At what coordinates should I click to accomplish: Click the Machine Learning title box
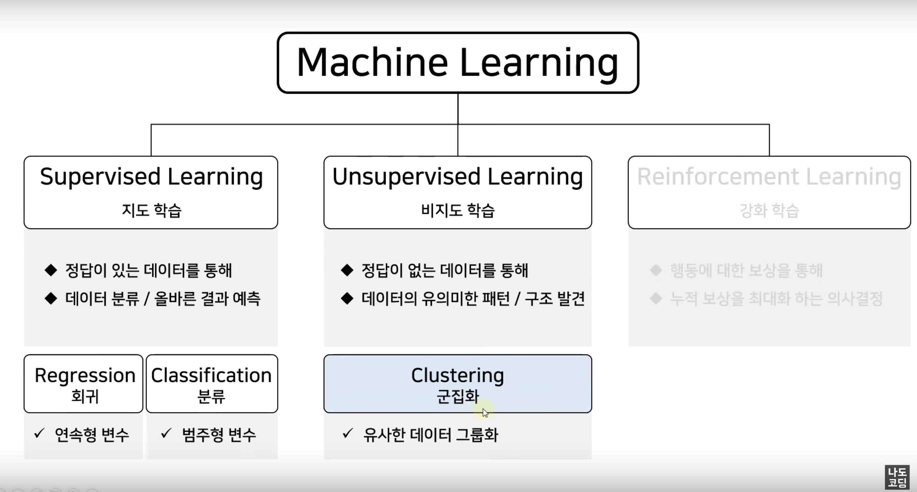coord(458,63)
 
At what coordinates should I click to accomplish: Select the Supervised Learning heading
coord(151,177)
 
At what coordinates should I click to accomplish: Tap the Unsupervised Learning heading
coord(458,177)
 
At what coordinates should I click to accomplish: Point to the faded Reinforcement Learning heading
coord(769,177)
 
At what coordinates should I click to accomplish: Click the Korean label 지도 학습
coord(152,210)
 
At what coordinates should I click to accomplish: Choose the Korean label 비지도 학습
coord(458,210)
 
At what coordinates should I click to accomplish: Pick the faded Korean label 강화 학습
coord(769,210)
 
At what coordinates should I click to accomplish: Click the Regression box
coord(84,383)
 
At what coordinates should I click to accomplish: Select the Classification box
coord(212,383)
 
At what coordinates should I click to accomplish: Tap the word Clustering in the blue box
coord(458,375)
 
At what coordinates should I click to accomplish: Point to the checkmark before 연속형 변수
coord(39,433)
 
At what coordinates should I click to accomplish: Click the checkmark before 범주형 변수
coord(166,433)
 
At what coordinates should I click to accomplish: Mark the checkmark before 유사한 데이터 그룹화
coord(347,433)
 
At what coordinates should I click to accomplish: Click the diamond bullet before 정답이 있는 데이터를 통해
coord(51,270)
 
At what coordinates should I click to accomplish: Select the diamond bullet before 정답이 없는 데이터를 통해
coord(347,270)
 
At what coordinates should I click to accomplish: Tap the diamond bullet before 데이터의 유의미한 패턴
coord(347,298)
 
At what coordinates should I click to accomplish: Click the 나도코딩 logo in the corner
coord(897,477)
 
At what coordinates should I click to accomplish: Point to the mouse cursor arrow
coord(485,413)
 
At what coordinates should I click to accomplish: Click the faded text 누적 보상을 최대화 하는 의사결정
coord(776,299)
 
